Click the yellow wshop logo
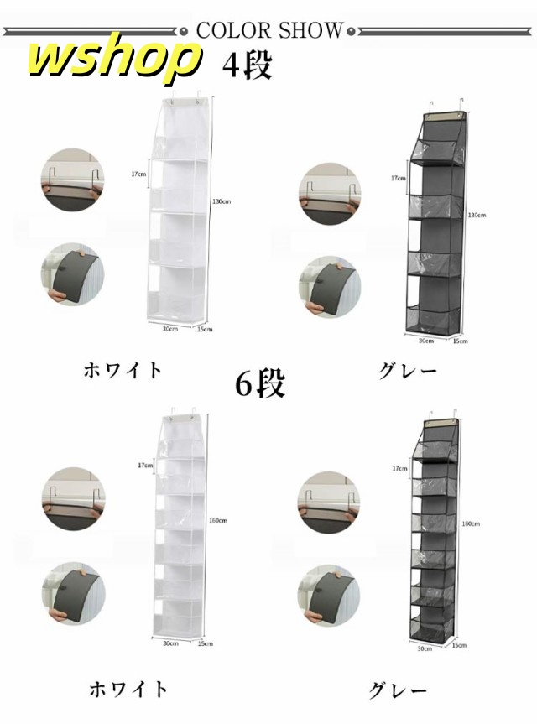pos(114,60)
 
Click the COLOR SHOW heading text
pos(268,31)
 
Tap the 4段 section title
pos(247,65)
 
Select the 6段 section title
pos(259,383)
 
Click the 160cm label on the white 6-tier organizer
pos(217,521)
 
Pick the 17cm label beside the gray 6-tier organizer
pos(398,469)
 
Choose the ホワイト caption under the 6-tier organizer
pos(128,690)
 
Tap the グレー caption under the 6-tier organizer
pos(399,690)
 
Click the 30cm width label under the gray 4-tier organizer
pos(425,341)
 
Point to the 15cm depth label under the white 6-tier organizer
pos(205,643)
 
